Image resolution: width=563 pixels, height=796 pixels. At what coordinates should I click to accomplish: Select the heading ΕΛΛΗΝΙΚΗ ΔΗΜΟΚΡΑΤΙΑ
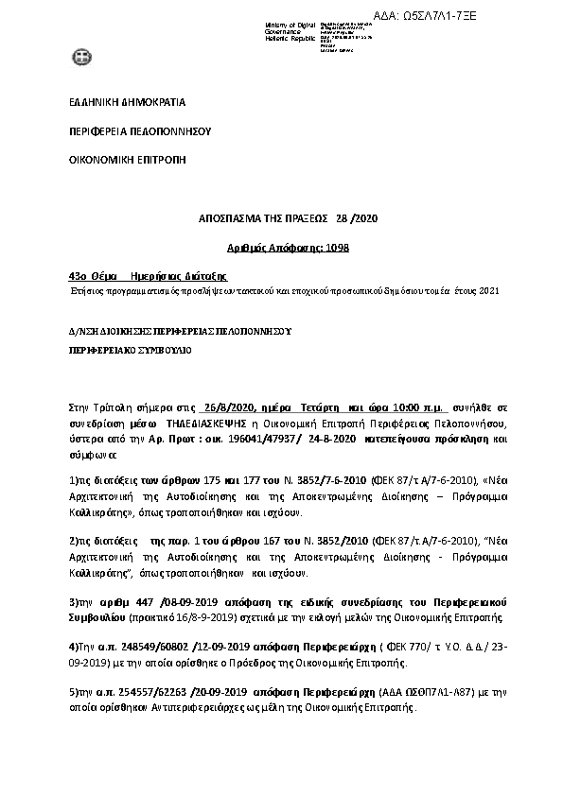point(128,102)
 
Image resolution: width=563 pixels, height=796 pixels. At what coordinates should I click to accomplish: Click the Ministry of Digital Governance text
point(290,29)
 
